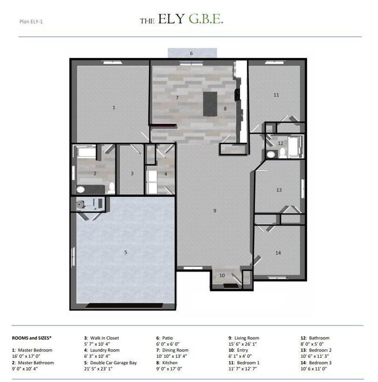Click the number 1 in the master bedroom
114,107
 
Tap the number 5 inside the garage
125,252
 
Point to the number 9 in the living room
215,210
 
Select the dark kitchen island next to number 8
211,104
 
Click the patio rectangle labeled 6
192,53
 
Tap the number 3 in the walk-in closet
132,173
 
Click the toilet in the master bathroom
111,188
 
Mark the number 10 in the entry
222,275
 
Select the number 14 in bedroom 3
278,253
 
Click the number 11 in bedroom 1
276,95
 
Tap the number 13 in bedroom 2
279,190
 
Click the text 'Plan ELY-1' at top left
31,22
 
